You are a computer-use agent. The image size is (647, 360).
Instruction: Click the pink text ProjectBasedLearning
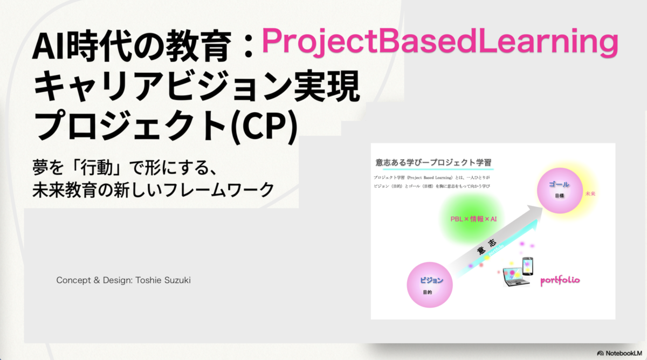pyautogui.click(x=439, y=42)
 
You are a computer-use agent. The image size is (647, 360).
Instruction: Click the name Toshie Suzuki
pyautogui.click(x=163, y=280)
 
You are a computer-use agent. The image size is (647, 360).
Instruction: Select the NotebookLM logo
pyautogui.click(x=620, y=353)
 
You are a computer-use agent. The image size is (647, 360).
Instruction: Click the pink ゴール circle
pyautogui.click(x=560, y=191)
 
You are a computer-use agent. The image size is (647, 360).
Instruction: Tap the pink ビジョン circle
pyautogui.click(x=430, y=285)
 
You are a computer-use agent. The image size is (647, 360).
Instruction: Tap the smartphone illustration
pyautogui.click(x=528, y=266)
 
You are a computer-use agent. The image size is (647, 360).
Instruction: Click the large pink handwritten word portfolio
pyautogui.click(x=560, y=280)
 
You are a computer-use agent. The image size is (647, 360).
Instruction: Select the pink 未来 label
pyautogui.click(x=590, y=193)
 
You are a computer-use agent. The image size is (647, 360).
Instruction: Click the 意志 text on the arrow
pyautogui.click(x=487, y=246)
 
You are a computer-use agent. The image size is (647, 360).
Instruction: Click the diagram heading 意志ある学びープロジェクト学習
pyautogui.click(x=433, y=163)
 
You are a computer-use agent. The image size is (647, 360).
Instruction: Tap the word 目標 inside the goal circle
pyautogui.click(x=560, y=196)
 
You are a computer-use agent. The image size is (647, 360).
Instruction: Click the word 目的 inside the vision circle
pyautogui.click(x=428, y=292)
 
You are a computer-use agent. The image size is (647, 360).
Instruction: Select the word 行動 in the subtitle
pyautogui.click(x=97, y=168)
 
